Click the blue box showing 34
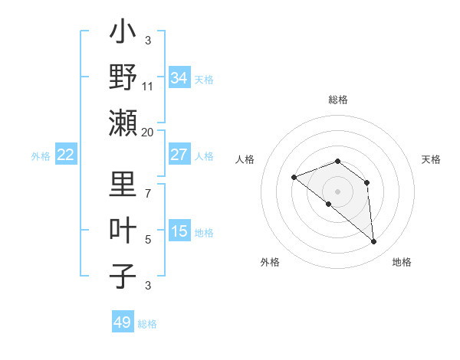tap(179, 78)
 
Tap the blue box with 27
tap(179, 155)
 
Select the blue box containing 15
tap(179, 231)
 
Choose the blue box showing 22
tap(66, 155)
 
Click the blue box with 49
tap(123, 322)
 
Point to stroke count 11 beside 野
tap(148, 87)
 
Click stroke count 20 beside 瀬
tap(147, 132)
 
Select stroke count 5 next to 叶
tap(148, 240)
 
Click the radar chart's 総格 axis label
tap(337, 100)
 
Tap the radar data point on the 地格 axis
tap(374, 242)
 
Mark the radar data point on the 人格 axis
tap(294, 177)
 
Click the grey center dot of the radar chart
tap(337, 191)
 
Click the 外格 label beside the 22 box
tap(41, 156)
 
